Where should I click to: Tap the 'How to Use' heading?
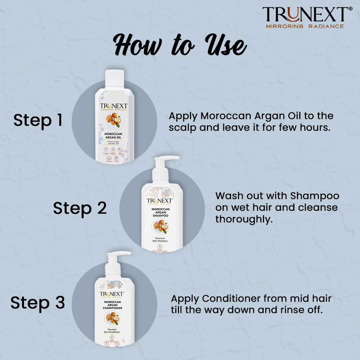[180, 46]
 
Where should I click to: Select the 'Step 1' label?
[38, 120]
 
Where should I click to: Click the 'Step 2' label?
[80, 208]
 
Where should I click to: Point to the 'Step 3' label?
[37, 303]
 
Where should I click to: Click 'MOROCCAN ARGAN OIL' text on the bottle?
[114, 136]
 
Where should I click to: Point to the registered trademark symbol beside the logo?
[350, 9]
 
